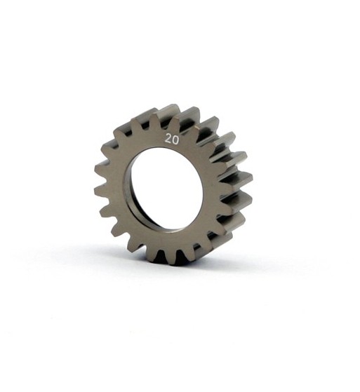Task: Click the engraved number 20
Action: (171, 139)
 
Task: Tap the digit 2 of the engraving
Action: (168, 139)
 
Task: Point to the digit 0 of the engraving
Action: (175, 139)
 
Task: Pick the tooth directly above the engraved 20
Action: (168, 114)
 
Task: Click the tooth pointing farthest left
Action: (100, 190)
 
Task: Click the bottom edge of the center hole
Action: (164, 227)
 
